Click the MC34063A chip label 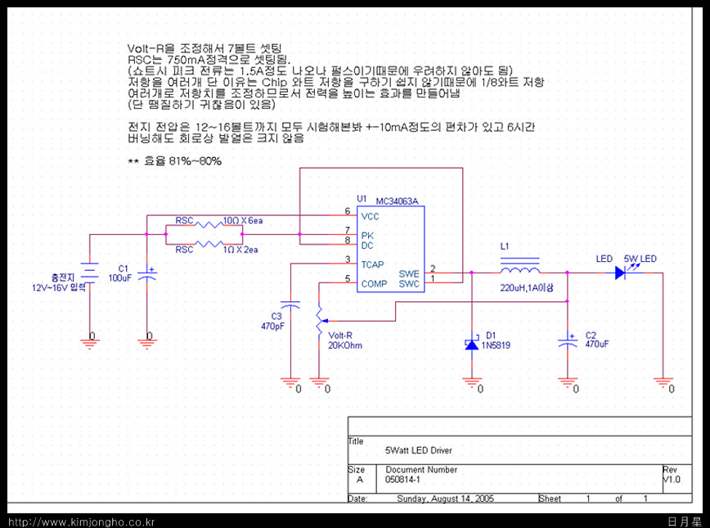point(397,201)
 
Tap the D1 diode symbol point(471,345)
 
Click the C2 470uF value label point(596,345)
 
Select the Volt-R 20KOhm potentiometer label point(344,341)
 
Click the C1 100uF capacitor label point(119,273)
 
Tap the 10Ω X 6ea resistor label point(243,221)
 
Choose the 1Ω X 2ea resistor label point(240,250)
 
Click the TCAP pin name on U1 point(372,264)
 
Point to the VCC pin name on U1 point(370,216)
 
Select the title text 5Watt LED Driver point(418,450)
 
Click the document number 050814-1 point(402,479)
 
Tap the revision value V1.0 point(671,480)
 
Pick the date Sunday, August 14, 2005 point(445,498)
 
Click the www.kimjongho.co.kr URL point(81,521)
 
